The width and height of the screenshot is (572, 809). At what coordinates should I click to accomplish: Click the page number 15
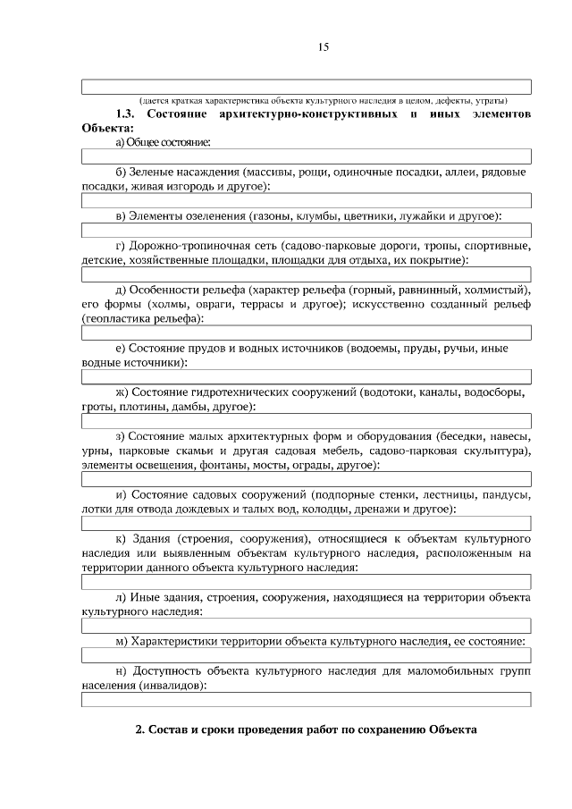[x=324, y=47]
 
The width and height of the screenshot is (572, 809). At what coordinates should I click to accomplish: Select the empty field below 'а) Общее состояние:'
[x=307, y=157]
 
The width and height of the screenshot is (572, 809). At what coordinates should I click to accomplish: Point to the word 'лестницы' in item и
[x=444, y=494]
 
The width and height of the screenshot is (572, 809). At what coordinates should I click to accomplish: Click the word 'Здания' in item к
[x=151, y=538]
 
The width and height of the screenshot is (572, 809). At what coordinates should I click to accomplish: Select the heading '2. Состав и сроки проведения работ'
[x=307, y=729]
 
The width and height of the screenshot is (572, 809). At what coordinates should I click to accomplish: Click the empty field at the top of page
[x=307, y=87]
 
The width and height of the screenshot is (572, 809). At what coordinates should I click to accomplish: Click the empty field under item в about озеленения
[x=307, y=231]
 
